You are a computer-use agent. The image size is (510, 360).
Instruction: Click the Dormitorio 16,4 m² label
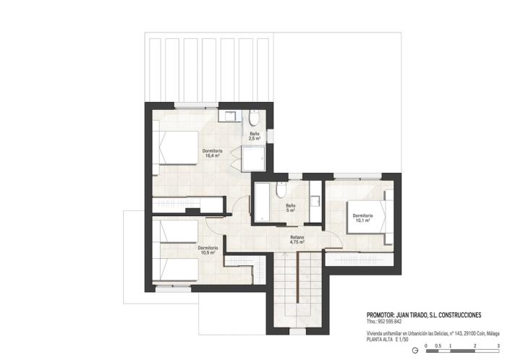click(x=213, y=153)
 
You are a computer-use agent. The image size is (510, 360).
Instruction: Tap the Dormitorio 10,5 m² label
click(x=208, y=250)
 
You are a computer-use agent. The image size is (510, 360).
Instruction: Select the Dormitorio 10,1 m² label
click(x=362, y=218)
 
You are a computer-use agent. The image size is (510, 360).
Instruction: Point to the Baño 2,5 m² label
click(x=255, y=135)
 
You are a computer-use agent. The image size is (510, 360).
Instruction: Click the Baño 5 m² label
click(x=289, y=207)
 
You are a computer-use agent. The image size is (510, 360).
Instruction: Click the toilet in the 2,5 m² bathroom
click(x=253, y=118)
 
